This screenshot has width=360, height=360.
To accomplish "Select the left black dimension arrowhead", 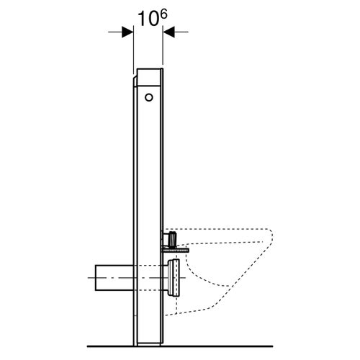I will pos(128,32).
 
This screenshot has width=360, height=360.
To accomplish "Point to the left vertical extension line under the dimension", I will pos(134,50).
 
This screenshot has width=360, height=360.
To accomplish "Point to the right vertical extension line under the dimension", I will pos(163,50).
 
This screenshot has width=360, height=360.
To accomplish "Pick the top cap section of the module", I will pos(149,74).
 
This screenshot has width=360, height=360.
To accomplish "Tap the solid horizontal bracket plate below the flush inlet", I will pos(177,246).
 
